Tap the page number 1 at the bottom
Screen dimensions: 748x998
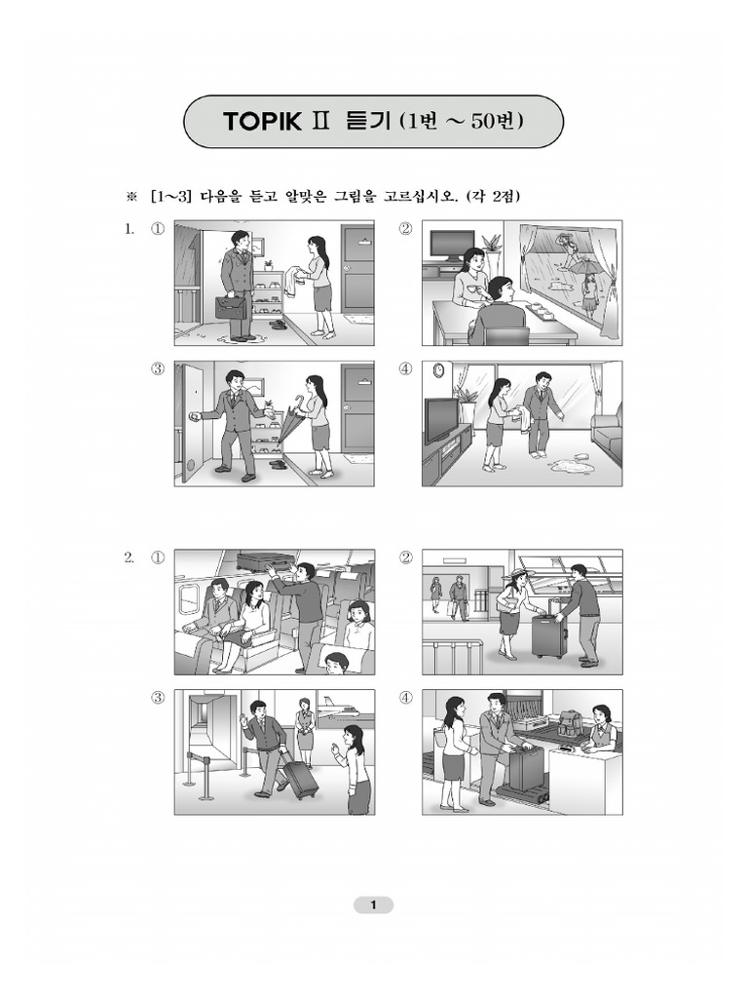pyautogui.click(x=373, y=904)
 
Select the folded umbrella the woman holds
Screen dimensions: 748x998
pyautogui.click(x=287, y=419)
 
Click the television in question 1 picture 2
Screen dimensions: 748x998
pyautogui.click(x=450, y=247)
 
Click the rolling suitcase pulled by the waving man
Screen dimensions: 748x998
pyautogui.click(x=299, y=779)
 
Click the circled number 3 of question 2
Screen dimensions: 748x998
pyautogui.click(x=157, y=698)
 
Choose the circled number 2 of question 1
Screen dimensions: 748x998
pyautogui.click(x=405, y=228)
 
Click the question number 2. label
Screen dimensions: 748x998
pyautogui.click(x=130, y=558)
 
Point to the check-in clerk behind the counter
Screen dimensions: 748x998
pyautogui.click(x=599, y=726)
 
